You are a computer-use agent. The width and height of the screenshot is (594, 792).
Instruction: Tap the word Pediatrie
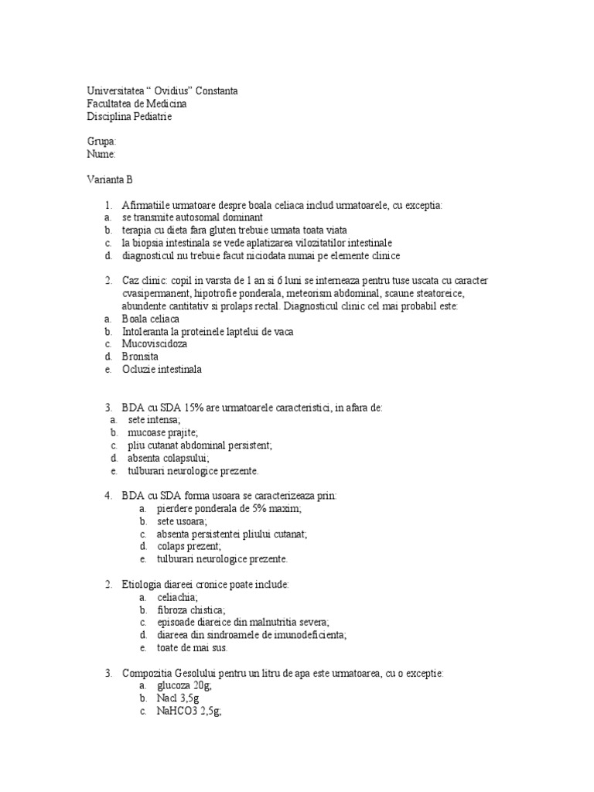tap(152, 117)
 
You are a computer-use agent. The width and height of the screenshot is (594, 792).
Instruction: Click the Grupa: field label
tap(101, 142)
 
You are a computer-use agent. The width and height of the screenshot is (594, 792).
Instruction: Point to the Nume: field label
tap(101, 154)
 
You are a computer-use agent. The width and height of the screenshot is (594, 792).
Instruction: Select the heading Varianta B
tap(109, 179)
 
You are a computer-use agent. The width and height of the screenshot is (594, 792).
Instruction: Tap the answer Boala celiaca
tap(149, 319)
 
